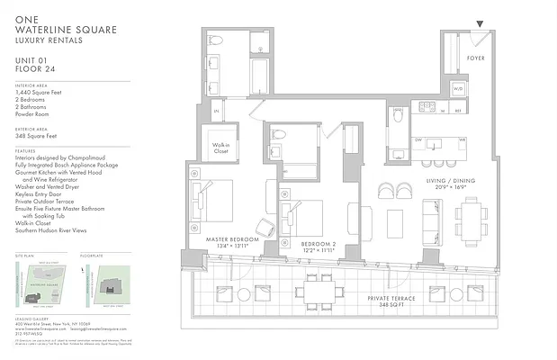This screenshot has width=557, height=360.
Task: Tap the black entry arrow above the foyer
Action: tap(480, 24)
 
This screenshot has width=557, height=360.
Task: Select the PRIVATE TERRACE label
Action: tap(393, 298)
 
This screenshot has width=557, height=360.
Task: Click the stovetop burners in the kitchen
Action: tap(427, 106)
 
